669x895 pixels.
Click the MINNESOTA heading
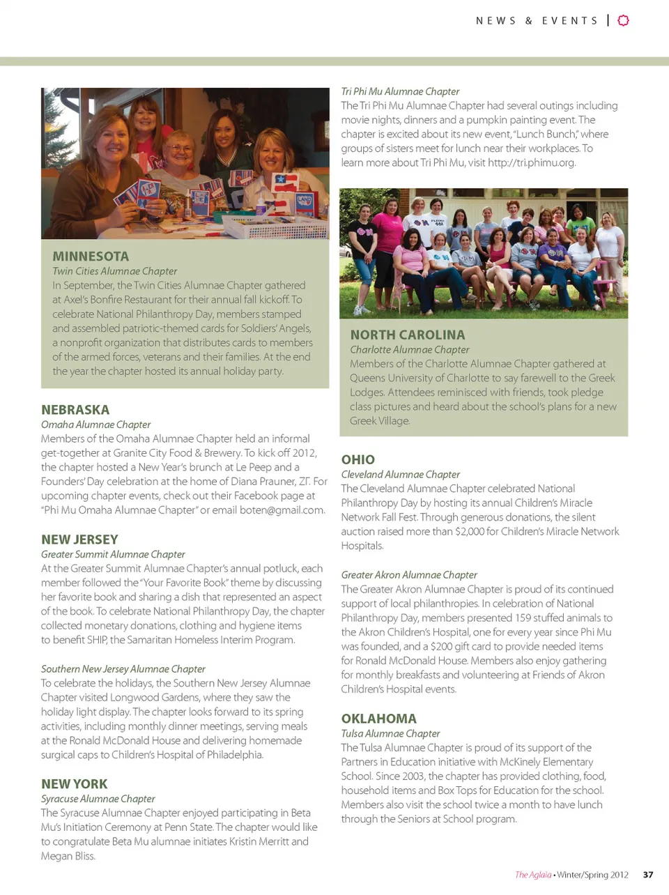[91, 256]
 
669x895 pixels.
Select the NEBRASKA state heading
[75, 410]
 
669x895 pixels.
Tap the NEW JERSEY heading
[79, 540]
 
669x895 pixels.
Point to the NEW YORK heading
[75, 784]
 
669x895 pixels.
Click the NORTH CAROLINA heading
[408, 335]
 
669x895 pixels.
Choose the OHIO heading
[358, 459]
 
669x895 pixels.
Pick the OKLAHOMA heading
[379, 719]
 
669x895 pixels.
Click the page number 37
[648, 875]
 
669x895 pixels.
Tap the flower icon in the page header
[624, 20]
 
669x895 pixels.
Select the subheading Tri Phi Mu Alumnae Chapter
[400, 91]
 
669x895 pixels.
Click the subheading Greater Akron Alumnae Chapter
[409, 575]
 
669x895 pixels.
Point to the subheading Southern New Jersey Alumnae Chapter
[123, 669]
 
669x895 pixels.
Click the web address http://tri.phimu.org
[532, 162]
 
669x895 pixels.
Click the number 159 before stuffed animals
[523, 618]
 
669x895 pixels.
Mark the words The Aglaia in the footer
[533, 875]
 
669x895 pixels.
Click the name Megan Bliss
[67, 856]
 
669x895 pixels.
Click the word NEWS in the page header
[495, 21]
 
